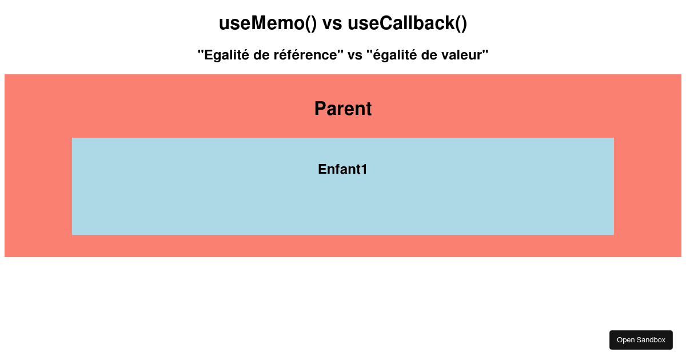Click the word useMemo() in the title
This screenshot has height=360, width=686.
click(x=268, y=23)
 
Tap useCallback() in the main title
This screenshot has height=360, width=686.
click(x=407, y=23)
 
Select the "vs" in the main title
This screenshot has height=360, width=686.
click(x=332, y=25)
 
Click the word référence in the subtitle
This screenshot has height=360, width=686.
click(x=306, y=55)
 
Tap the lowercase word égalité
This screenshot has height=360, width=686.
click(x=395, y=55)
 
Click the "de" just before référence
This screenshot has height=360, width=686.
click(x=261, y=55)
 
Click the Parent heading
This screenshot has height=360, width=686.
click(x=343, y=109)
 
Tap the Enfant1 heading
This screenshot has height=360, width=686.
click(x=342, y=169)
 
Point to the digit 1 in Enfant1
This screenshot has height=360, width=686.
click(x=364, y=169)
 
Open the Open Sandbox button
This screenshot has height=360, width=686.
click(x=641, y=340)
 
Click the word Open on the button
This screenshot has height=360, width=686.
click(x=625, y=340)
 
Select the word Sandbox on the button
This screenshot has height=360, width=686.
click(x=650, y=340)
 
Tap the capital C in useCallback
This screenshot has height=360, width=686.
click(x=386, y=23)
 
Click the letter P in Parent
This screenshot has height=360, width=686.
click(x=320, y=109)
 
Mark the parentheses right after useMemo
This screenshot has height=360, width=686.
click(x=311, y=24)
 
